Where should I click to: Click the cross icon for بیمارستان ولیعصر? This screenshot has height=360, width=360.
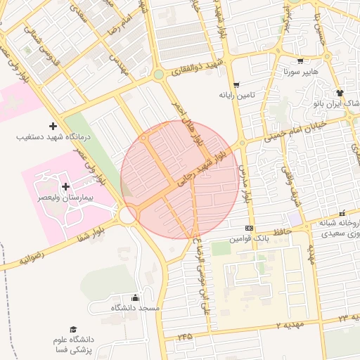pos(67,187)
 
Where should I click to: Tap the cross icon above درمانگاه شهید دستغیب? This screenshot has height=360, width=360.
pos(53,126)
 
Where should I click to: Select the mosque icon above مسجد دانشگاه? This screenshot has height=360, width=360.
pos(135,297)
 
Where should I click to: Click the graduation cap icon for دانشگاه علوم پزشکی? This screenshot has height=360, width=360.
pos(73,329)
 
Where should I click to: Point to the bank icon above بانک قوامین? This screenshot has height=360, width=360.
pos(249,229)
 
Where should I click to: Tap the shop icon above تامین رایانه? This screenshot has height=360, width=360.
pos(236,84)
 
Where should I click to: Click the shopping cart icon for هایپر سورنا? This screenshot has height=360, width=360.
pos(301,61)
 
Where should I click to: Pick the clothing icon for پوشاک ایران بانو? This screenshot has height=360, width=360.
pos(340,93)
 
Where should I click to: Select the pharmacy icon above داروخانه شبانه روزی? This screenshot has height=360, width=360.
pos(342,213)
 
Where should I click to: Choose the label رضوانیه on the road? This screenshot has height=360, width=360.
pos(31,259)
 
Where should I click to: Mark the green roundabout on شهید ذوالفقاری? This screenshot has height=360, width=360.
pos(159,75)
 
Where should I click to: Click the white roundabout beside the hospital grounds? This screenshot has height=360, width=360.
pos(128,215)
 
